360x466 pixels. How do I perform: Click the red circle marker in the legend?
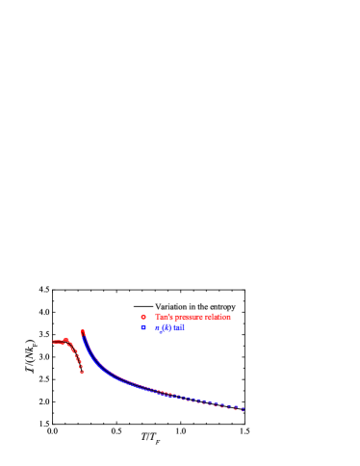click(143, 317)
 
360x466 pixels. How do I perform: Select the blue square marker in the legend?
click(143, 327)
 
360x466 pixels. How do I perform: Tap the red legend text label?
click(193, 317)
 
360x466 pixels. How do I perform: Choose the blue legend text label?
click(170, 327)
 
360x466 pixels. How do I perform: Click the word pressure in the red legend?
click(189, 317)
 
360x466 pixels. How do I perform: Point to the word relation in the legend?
click(218, 317)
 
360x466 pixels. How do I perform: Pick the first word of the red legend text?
click(161, 317)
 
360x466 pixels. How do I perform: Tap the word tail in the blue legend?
click(177, 327)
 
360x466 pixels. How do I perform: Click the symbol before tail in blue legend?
click(161, 328)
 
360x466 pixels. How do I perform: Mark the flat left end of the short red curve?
click(54, 342)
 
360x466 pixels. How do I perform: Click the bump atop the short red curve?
click(66, 339)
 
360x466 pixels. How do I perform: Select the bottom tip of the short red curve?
click(82, 372)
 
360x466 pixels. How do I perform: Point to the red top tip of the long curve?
click(82, 331)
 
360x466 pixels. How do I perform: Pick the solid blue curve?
click(116, 377)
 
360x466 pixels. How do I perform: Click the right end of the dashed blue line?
click(244, 410)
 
